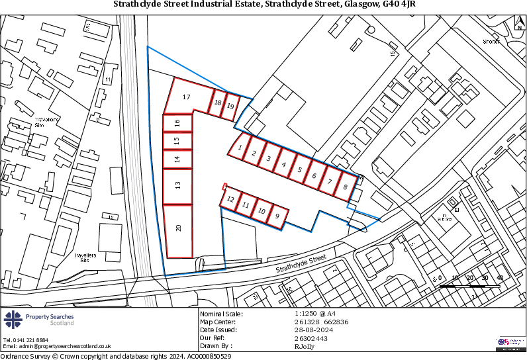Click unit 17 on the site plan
(x=187, y=97)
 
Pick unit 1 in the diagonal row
(x=240, y=148)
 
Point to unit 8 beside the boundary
(x=345, y=187)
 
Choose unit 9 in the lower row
(x=278, y=216)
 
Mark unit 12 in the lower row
(x=230, y=199)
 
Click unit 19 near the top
(x=230, y=106)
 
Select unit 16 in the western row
(x=177, y=123)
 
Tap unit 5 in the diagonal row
(x=299, y=169)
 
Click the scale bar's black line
(x=470, y=286)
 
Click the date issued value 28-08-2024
(x=312, y=330)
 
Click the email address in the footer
(x=57, y=346)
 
